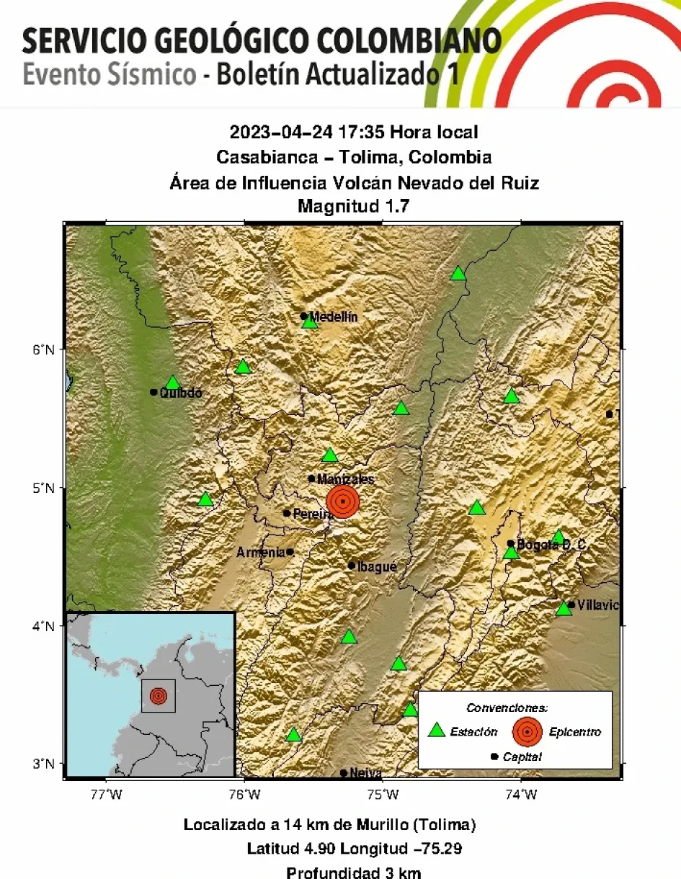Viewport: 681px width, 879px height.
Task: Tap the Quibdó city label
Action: point(180,393)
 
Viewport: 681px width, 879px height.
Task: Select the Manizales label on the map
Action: point(345,478)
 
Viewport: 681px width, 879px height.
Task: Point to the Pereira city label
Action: point(313,514)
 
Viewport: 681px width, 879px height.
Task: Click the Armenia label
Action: point(261,553)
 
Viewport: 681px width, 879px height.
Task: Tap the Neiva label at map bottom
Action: point(365,773)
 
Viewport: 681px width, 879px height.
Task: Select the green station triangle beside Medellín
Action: point(310,322)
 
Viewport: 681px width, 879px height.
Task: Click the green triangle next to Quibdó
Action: point(172,383)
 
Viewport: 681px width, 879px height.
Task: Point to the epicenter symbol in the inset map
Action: point(158,696)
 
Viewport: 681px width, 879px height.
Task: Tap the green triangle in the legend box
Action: point(436,731)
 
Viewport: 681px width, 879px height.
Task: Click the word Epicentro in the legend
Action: point(574,732)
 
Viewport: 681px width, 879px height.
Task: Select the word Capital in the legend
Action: point(522,757)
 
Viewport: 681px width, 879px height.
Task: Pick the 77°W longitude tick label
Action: point(106,795)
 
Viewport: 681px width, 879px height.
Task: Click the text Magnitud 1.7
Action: point(354,207)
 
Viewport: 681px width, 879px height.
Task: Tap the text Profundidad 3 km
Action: point(354,873)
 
